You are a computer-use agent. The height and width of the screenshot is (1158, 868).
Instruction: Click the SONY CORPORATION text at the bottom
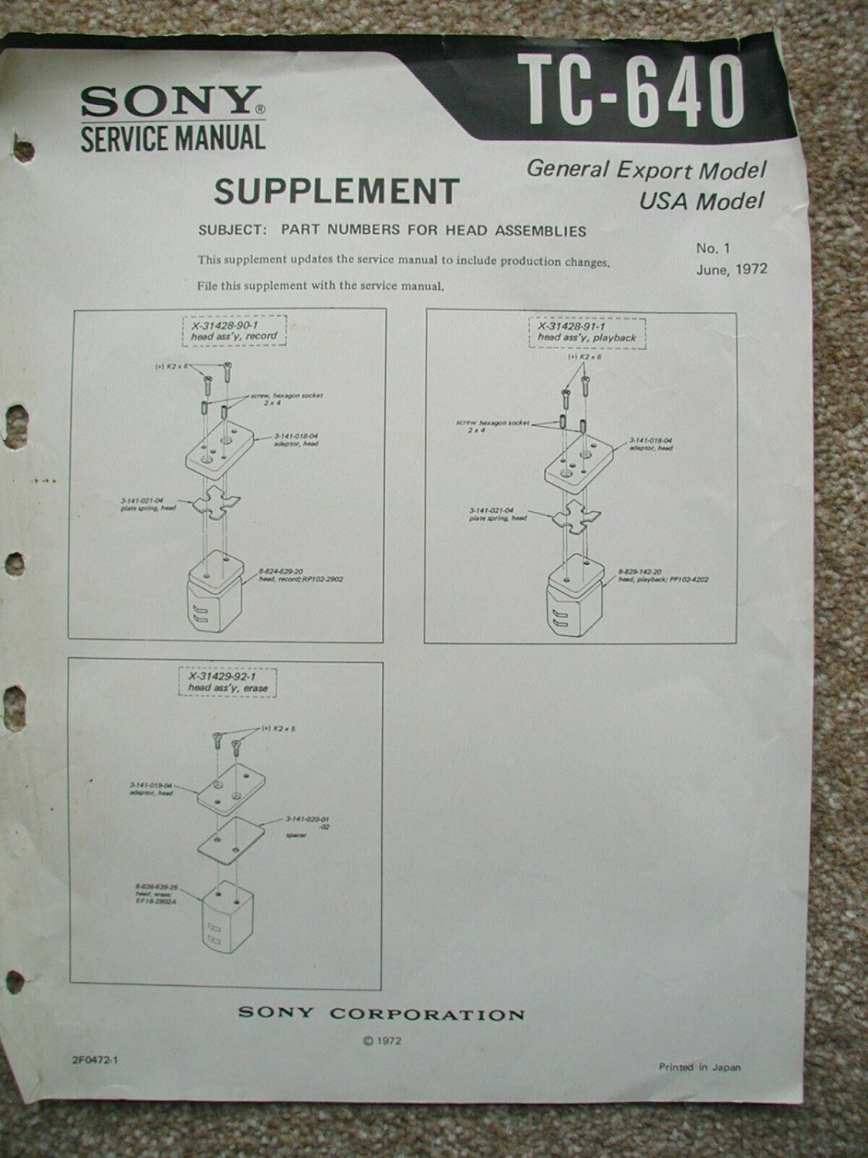(381, 1014)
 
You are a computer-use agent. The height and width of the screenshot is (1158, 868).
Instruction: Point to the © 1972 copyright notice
(380, 1040)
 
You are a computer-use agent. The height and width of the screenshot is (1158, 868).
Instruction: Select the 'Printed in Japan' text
(699, 1068)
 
